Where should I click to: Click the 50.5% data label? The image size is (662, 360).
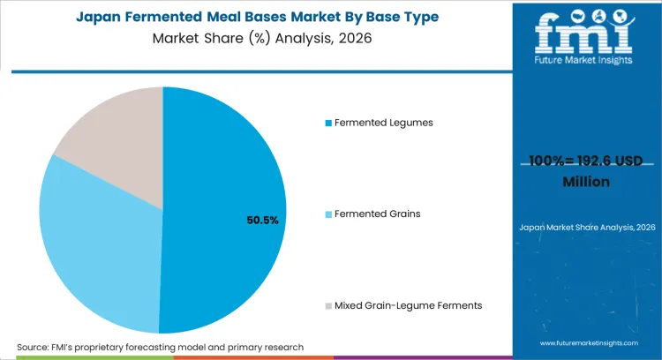pos(263,220)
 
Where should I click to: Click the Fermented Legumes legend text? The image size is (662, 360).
pos(384,123)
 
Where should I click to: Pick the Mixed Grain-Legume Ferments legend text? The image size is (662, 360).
pos(408,305)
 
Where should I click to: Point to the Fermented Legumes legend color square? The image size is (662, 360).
pos(329,123)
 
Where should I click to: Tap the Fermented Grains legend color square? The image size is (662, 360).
pos(329,214)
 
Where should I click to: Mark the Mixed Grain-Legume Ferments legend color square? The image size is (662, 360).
pos(329,305)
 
